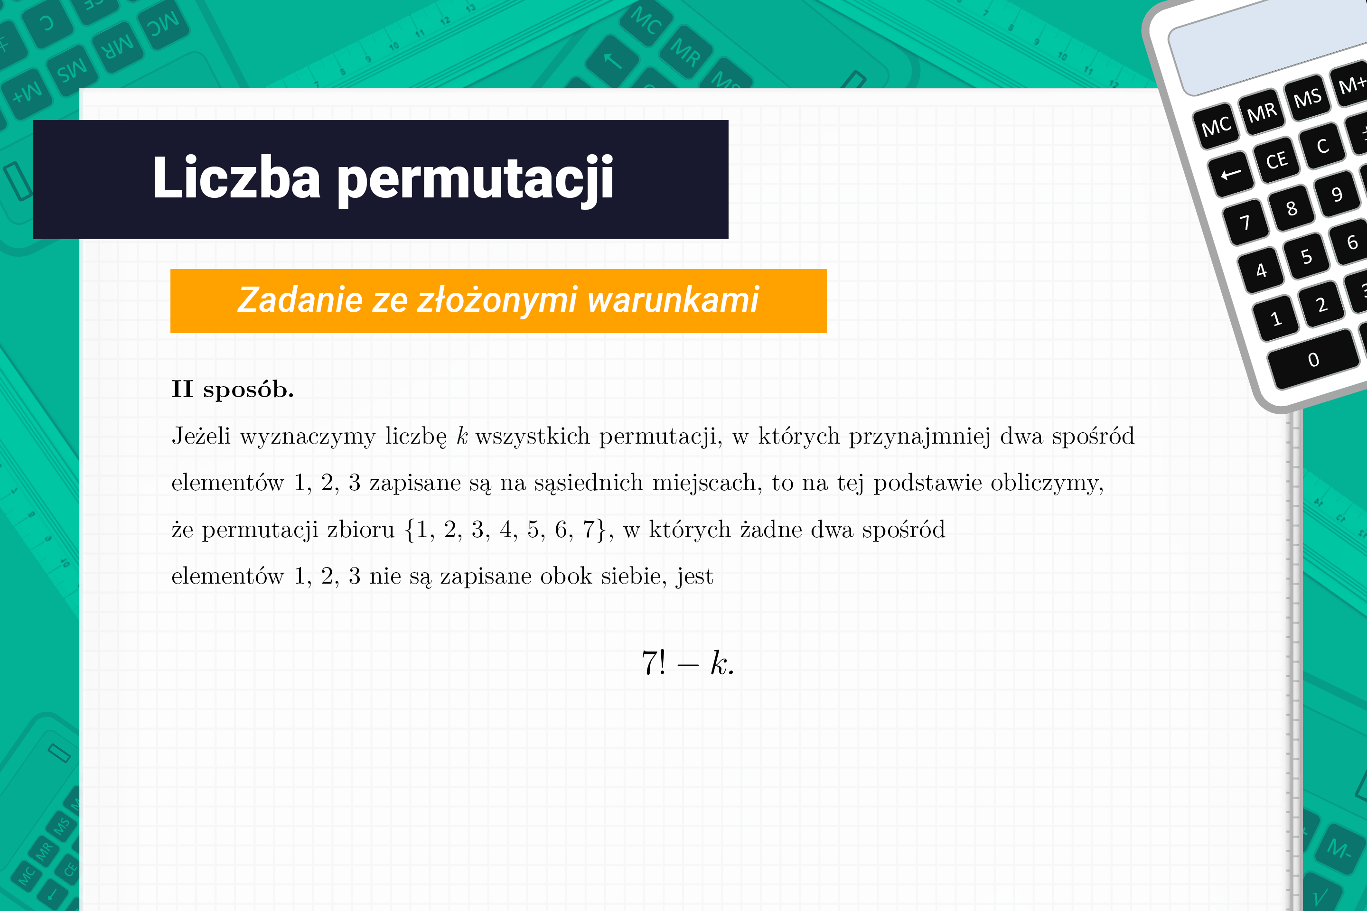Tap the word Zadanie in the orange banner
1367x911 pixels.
pyautogui.click(x=300, y=300)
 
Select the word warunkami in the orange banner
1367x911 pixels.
pyautogui.click(x=673, y=300)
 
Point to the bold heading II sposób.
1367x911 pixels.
pyautogui.click(x=233, y=389)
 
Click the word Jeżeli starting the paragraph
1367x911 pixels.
pyautogui.click(x=201, y=436)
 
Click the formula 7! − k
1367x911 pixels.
pyautogui.click(x=688, y=662)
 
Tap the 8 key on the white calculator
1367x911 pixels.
pyautogui.click(x=1291, y=207)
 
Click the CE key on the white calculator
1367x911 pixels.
pyautogui.click(x=1276, y=160)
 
